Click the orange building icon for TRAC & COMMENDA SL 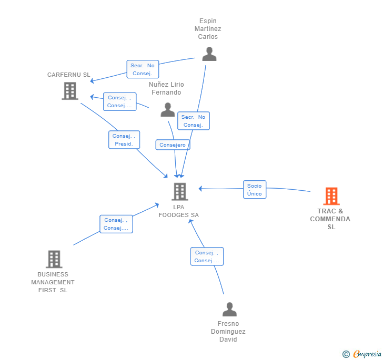[331, 196]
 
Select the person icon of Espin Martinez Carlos [209, 54]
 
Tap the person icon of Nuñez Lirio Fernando [168, 110]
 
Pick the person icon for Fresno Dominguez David [229, 309]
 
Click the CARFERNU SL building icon [70, 91]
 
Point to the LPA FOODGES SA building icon [180, 192]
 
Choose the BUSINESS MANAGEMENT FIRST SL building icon [54, 259]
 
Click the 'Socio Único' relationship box [255, 190]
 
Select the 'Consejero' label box [173, 145]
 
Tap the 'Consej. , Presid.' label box [124, 140]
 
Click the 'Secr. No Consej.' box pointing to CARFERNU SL [143, 69]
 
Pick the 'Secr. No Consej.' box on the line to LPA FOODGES [194, 121]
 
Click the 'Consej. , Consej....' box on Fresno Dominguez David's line [207, 256]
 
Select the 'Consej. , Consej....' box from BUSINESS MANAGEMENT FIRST [116, 224]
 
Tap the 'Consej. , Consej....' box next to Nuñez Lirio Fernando [120, 101]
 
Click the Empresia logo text [367, 354]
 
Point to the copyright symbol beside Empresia [346, 354]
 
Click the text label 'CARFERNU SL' [68, 75]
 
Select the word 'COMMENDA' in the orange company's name [330, 219]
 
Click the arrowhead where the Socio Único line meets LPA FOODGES [200, 189]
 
